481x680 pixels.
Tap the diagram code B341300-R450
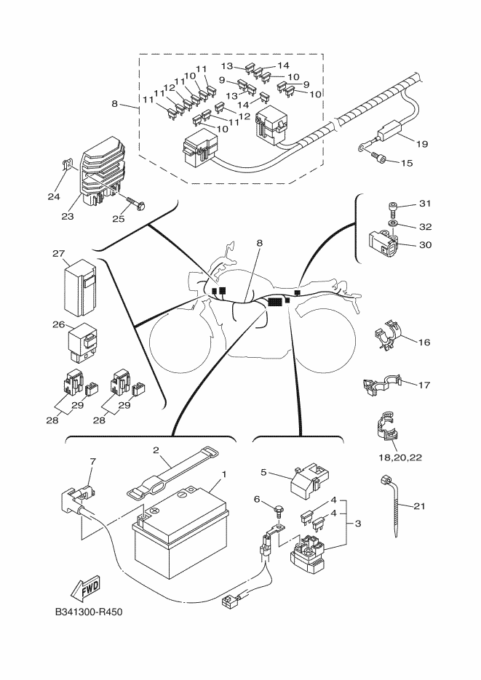pyautogui.click(x=88, y=612)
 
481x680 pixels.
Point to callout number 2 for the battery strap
pyautogui.click(x=156, y=450)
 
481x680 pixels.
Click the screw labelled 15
pyautogui.click(x=378, y=157)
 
